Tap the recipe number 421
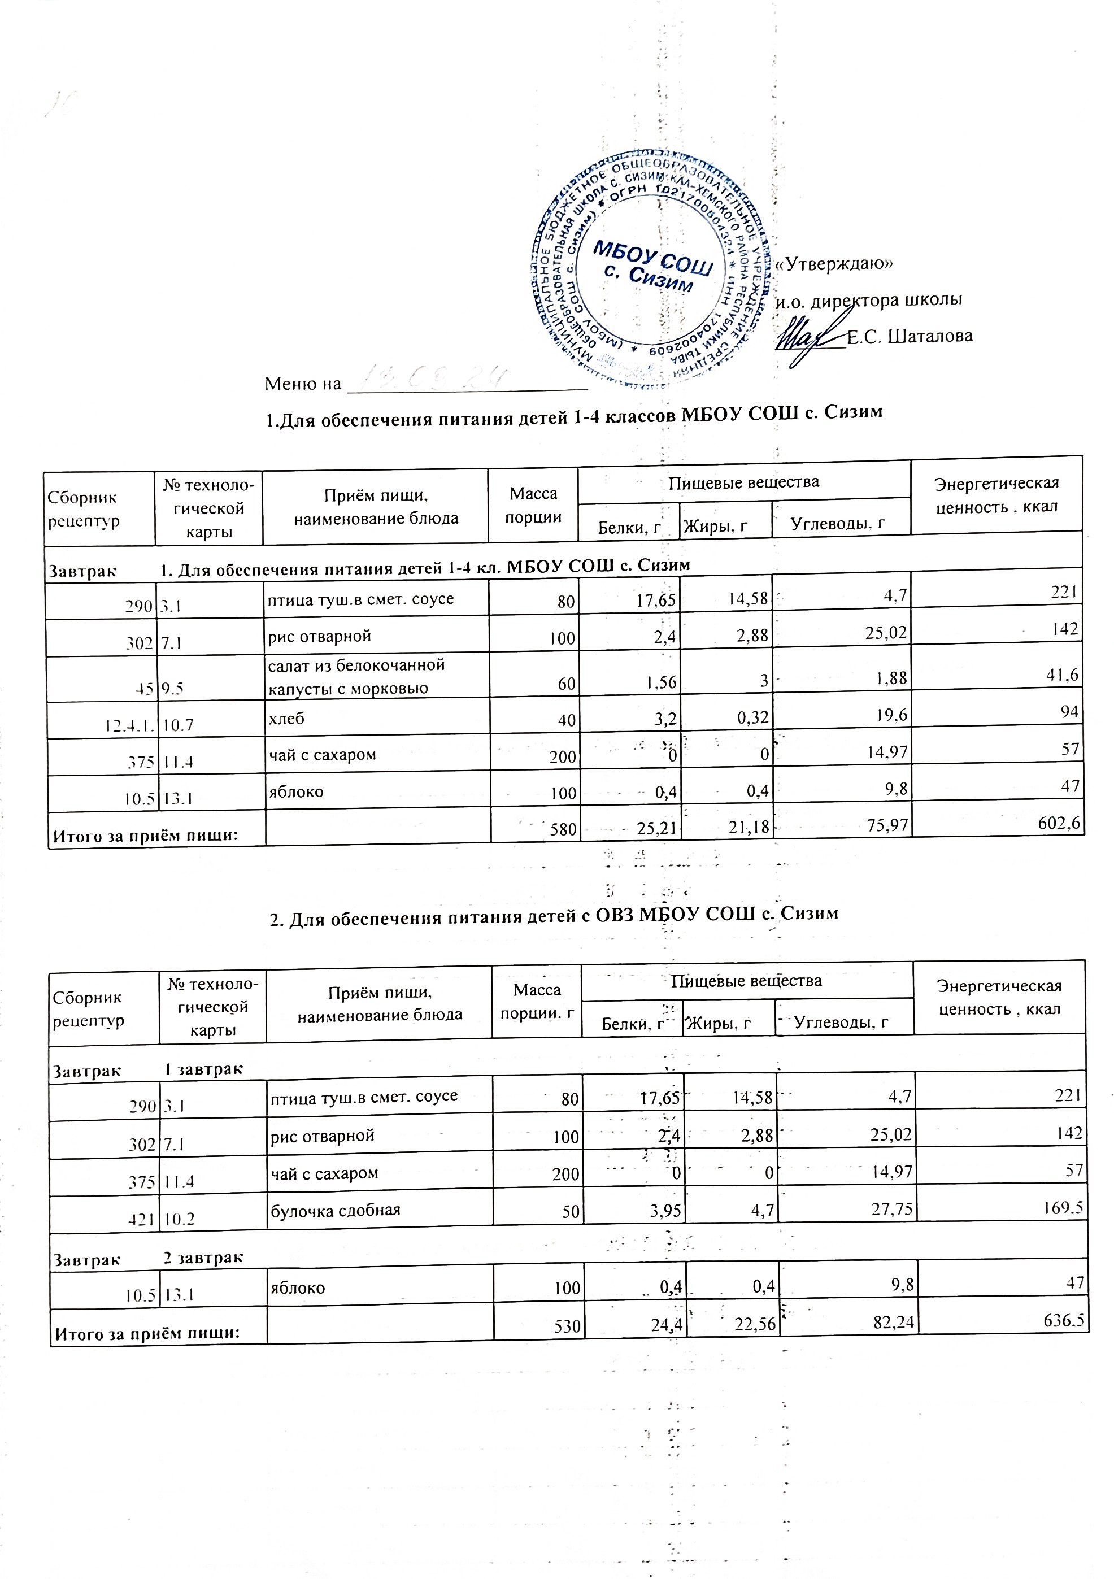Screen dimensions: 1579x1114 [x=143, y=1219]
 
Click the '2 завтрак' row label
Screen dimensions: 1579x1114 [x=203, y=1258]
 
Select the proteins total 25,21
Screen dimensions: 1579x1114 [x=655, y=830]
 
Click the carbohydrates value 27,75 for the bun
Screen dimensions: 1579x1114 [x=892, y=1210]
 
